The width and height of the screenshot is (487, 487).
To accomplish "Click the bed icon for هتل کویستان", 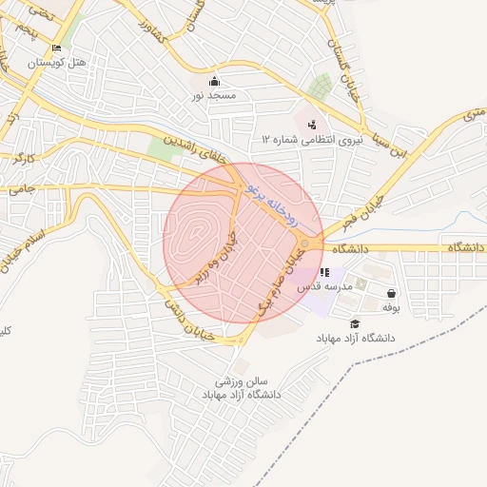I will tap(57, 48).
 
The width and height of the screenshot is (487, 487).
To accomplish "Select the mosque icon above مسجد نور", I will tap(215, 82).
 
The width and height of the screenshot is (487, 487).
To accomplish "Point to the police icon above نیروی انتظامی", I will tap(312, 124).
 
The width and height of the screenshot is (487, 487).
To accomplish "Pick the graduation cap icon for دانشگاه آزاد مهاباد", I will tap(356, 324).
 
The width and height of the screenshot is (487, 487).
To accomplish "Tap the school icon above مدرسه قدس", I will tap(325, 272).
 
